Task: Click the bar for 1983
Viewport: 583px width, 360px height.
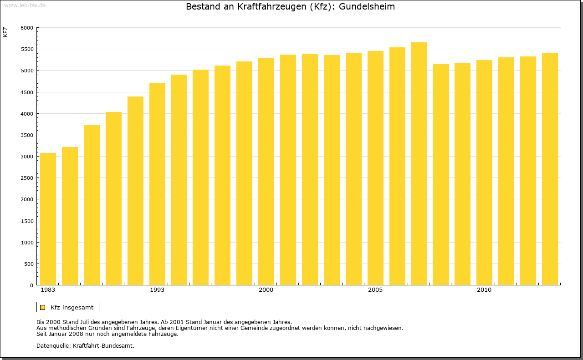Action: coord(48,219)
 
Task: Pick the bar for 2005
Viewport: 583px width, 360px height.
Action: coord(375,168)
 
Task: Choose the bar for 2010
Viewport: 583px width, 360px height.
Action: coord(484,172)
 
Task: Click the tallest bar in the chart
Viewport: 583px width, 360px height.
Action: coord(419,164)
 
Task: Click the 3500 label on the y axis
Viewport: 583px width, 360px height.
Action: coord(27,135)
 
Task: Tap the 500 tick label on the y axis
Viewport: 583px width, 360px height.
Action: coord(29,264)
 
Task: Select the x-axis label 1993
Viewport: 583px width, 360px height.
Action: coord(157,290)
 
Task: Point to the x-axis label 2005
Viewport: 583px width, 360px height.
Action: coord(375,290)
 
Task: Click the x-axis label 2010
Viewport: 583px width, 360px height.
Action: coord(484,290)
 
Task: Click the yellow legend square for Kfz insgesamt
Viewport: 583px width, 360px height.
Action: coord(43,307)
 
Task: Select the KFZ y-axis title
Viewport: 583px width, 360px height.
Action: coord(5,32)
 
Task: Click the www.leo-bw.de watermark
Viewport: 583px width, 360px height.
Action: coord(24,5)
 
